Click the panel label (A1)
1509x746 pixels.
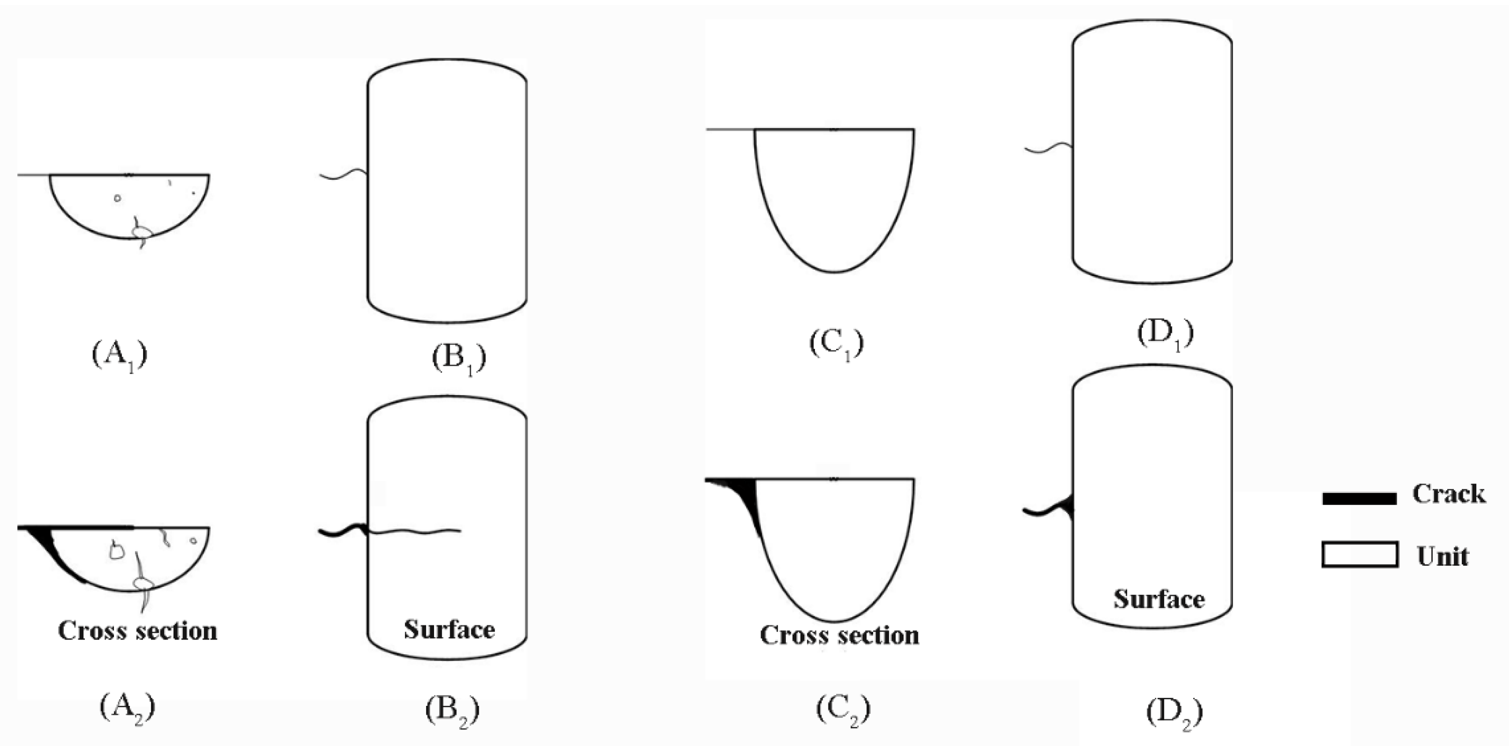119,355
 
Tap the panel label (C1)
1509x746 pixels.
837,343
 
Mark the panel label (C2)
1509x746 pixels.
843,708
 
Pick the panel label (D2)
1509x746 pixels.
1173,711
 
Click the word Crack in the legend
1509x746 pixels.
1448,494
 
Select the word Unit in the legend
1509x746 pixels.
1442,556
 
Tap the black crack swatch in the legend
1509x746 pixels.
1359,499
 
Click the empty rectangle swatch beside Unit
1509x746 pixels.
1359,555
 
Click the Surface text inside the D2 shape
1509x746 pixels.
1159,599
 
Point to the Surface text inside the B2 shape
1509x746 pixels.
449,630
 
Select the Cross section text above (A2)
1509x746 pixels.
138,631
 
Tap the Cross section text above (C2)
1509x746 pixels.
839,635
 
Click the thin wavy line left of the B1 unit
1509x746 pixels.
343,174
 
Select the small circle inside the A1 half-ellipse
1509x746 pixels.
118,198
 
